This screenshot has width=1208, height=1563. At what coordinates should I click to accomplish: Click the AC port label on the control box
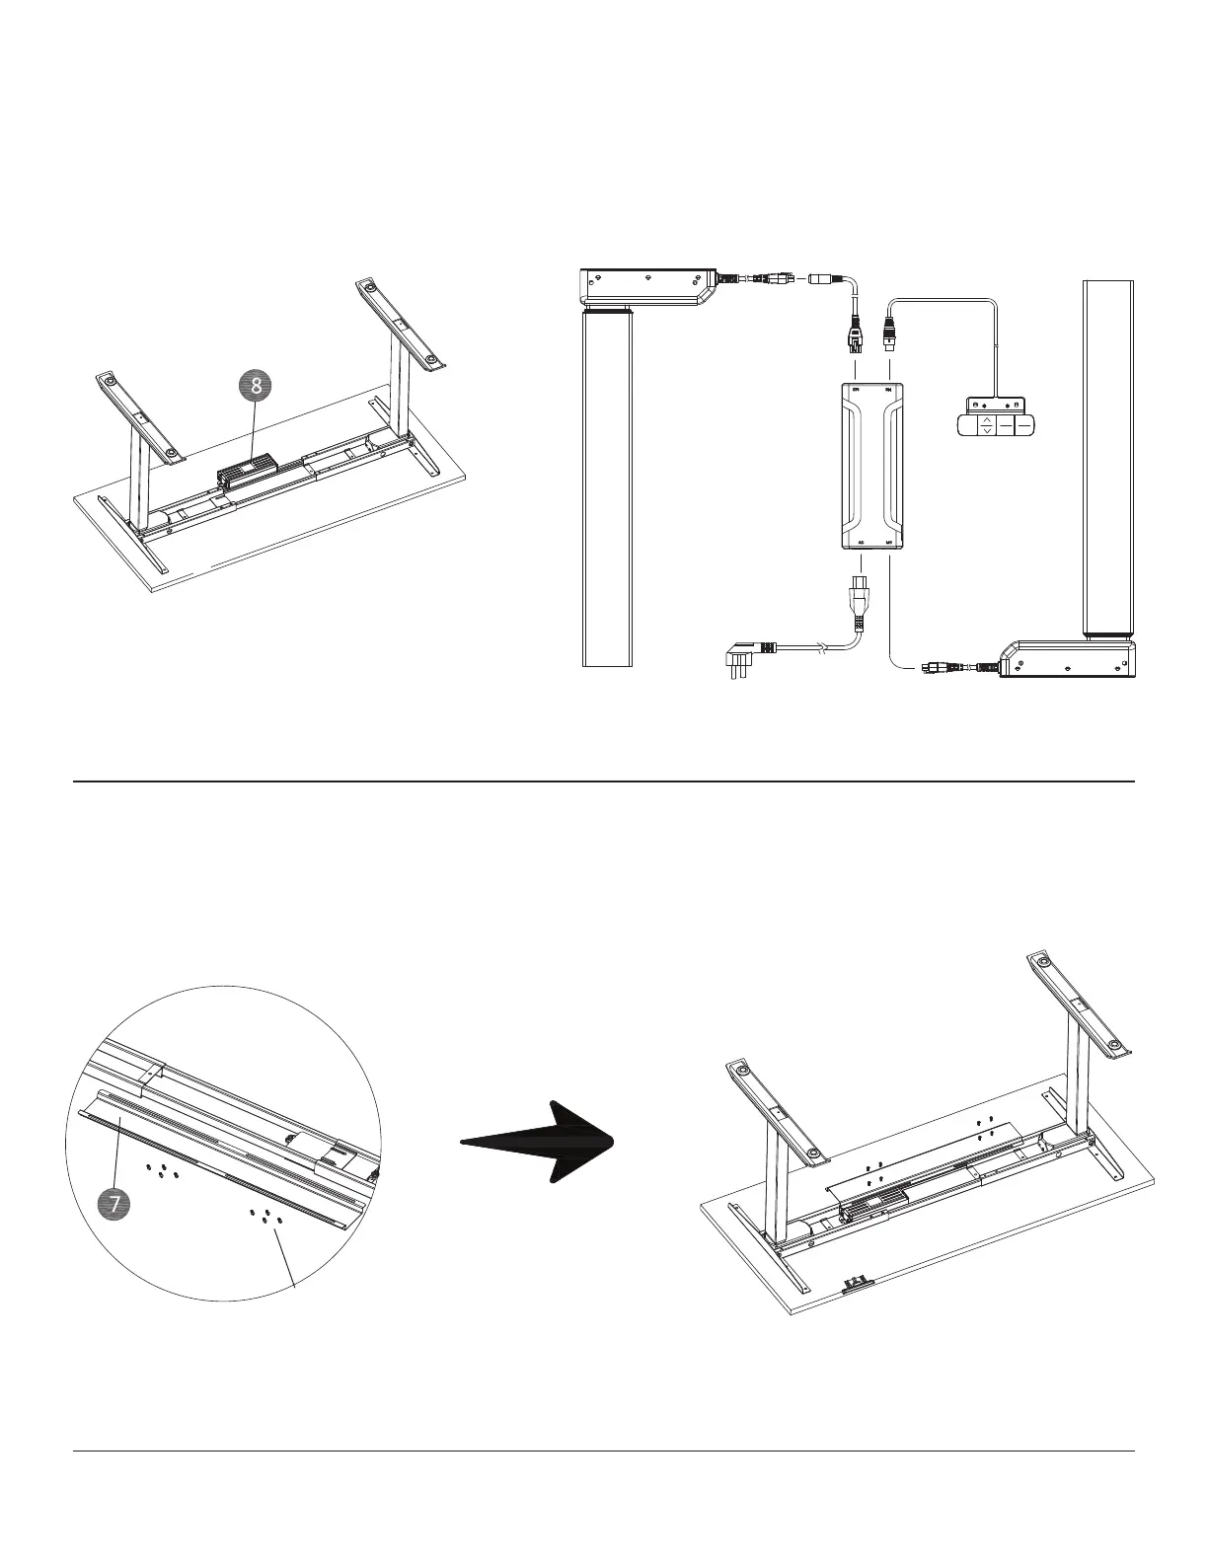tap(862, 542)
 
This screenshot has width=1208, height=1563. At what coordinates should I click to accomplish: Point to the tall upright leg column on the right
tap(1108, 459)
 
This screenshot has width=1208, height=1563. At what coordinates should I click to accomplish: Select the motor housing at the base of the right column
tap(1069, 659)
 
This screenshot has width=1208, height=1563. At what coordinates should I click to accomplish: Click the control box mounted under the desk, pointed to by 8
tap(246, 471)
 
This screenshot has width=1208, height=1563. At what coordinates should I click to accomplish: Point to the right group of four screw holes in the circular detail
tap(266, 1215)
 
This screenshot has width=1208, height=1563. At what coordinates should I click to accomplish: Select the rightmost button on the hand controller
tap(1024, 425)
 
